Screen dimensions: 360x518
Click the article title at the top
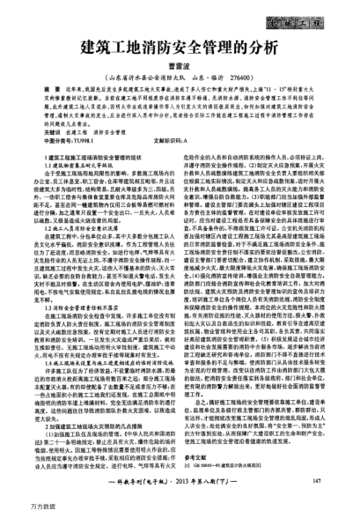179,48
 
